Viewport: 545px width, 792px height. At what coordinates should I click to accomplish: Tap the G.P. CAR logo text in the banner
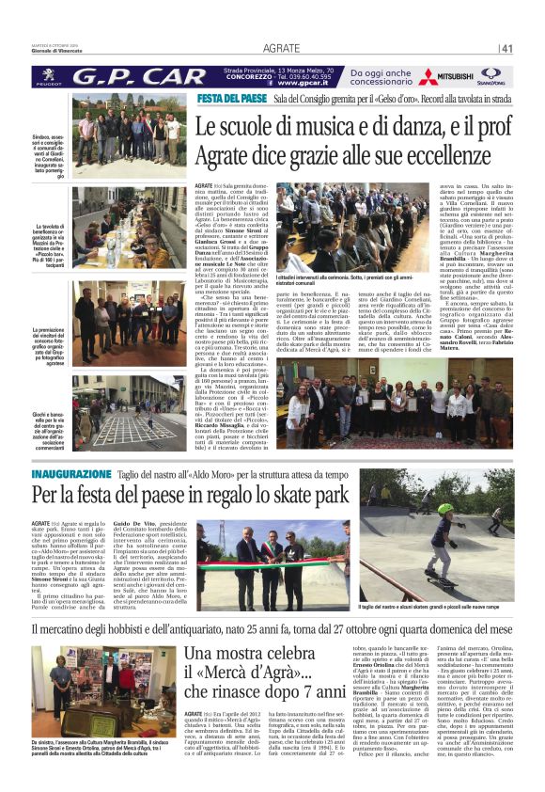pyautogui.click(x=141, y=75)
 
